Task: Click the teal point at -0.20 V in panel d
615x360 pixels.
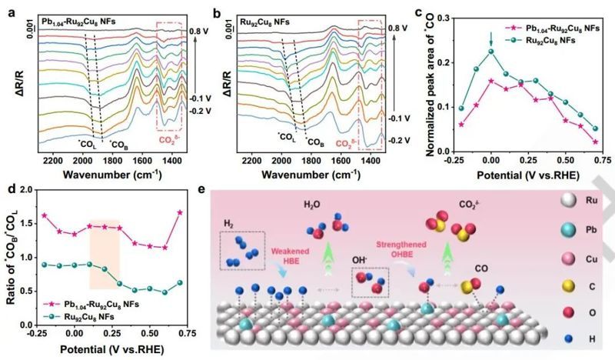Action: point(45,264)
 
